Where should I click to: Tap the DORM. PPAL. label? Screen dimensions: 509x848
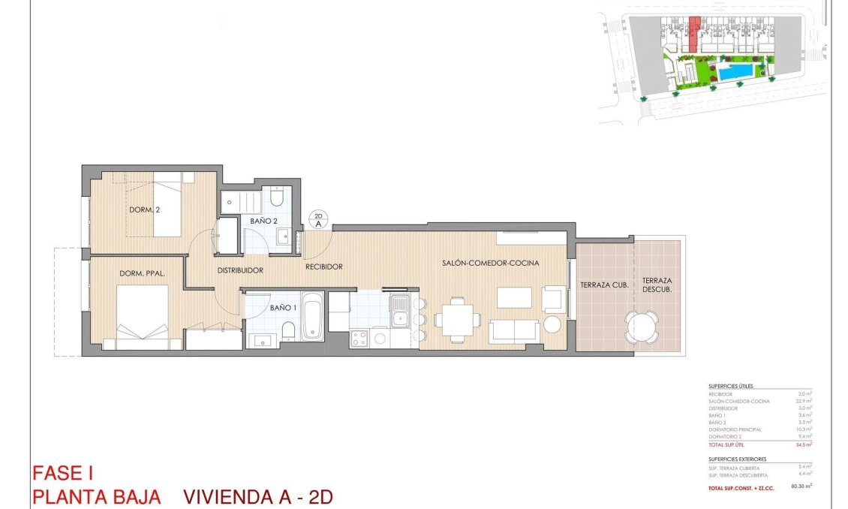tap(142, 273)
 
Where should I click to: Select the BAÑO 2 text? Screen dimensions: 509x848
tap(265, 221)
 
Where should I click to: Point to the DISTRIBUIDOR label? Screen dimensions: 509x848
tap(239, 270)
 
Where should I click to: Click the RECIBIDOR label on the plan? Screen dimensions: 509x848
tap(324, 267)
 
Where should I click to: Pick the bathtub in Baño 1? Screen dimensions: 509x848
tap(312, 317)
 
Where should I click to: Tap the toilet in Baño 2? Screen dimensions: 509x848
tap(276, 197)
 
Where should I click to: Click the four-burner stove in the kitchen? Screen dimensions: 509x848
tap(359, 339)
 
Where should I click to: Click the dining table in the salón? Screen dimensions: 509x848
tap(457, 319)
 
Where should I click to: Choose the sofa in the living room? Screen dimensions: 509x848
tap(513, 330)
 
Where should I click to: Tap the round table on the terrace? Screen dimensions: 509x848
tap(644, 327)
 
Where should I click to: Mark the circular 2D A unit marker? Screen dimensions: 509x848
tap(318, 219)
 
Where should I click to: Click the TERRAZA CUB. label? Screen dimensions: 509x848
tap(604, 285)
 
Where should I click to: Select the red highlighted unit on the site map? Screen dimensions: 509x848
tap(694, 35)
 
